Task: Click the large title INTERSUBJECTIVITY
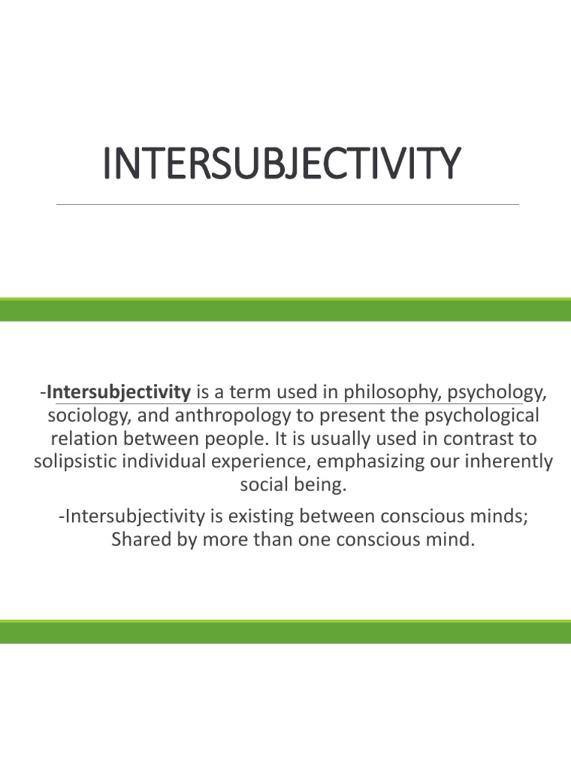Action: click(281, 164)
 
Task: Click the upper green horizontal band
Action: click(285, 310)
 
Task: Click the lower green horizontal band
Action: click(285, 632)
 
